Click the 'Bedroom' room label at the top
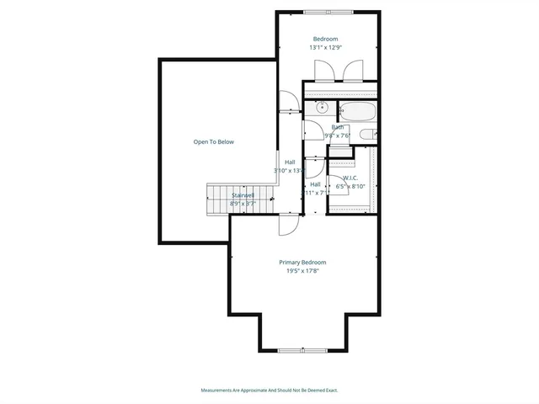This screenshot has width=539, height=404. [x=325, y=39]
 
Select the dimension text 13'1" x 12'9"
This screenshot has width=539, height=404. [x=325, y=48]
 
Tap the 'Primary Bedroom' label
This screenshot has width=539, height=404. [x=302, y=263]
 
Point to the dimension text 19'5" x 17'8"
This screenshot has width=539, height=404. [x=302, y=271]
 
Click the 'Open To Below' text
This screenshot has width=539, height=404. [x=214, y=141]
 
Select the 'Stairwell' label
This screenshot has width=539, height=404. [x=243, y=195]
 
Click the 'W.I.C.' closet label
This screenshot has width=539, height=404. [x=350, y=178]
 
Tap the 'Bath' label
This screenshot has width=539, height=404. [x=337, y=127]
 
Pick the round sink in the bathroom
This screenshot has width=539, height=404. [x=321, y=109]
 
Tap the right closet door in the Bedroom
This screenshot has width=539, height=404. [x=357, y=70]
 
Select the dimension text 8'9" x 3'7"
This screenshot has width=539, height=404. [x=243, y=204]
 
